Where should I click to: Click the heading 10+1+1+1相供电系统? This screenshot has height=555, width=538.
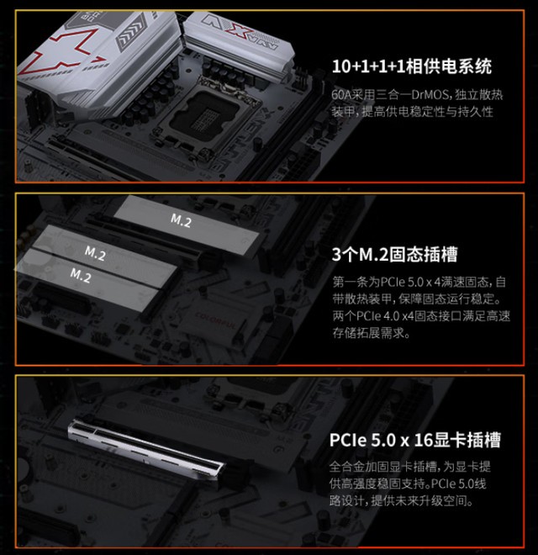click(x=411, y=67)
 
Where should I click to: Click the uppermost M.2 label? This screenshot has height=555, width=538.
click(x=181, y=220)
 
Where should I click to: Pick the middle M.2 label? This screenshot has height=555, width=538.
click(x=94, y=251)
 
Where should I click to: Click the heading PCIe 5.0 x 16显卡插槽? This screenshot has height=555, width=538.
click(x=415, y=440)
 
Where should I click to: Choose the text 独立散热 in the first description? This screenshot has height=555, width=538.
click(x=477, y=93)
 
